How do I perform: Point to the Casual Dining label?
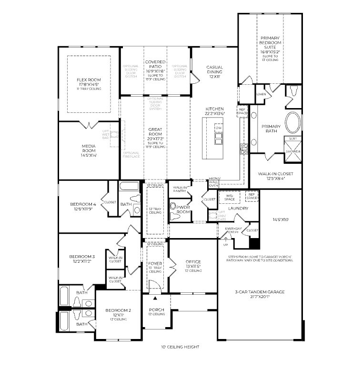coord(214,71)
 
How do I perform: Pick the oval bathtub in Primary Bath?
coord(293,123)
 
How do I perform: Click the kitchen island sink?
coord(219,139)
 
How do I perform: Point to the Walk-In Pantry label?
coord(180,190)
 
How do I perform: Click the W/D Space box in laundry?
coord(229,197)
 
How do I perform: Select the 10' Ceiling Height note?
coord(180,347)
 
